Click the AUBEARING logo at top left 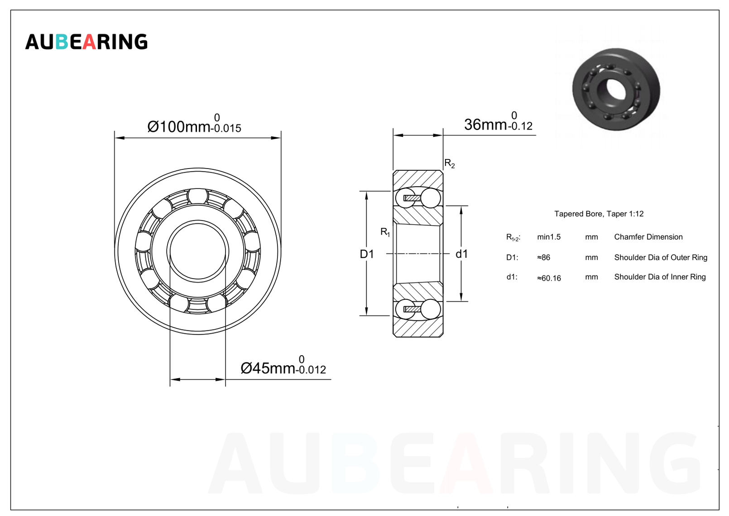click(x=86, y=42)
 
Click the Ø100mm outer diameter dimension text click(x=194, y=124)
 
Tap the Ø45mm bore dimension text click(x=283, y=365)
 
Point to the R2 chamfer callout click(x=450, y=163)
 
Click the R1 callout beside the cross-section click(x=385, y=232)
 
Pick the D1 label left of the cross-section click(x=367, y=254)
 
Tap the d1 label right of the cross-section click(x=461, y=254)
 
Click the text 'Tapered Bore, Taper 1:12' click(x=599, y=214)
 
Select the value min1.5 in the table click(x=549, y=237)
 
